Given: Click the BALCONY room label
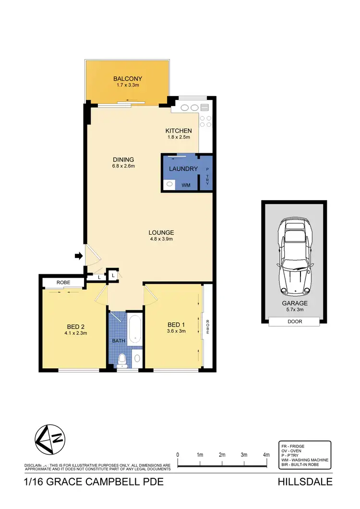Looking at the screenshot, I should pyautogui.click(x=128, y=79).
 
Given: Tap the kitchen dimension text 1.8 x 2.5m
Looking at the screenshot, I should pyautogui.click(x=179, y=137).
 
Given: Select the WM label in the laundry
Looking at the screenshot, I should pyautogui.click(x=186, y=185).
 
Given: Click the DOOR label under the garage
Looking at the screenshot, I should pyautogui.click(x=295, y=322).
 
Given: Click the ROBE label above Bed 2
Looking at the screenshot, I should pyautogui.click(x=63, y=282).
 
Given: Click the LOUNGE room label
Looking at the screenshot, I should pyautogui.click(x=161, y=232).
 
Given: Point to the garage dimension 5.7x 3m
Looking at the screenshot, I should pyautogui.click(x=295, y=310).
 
